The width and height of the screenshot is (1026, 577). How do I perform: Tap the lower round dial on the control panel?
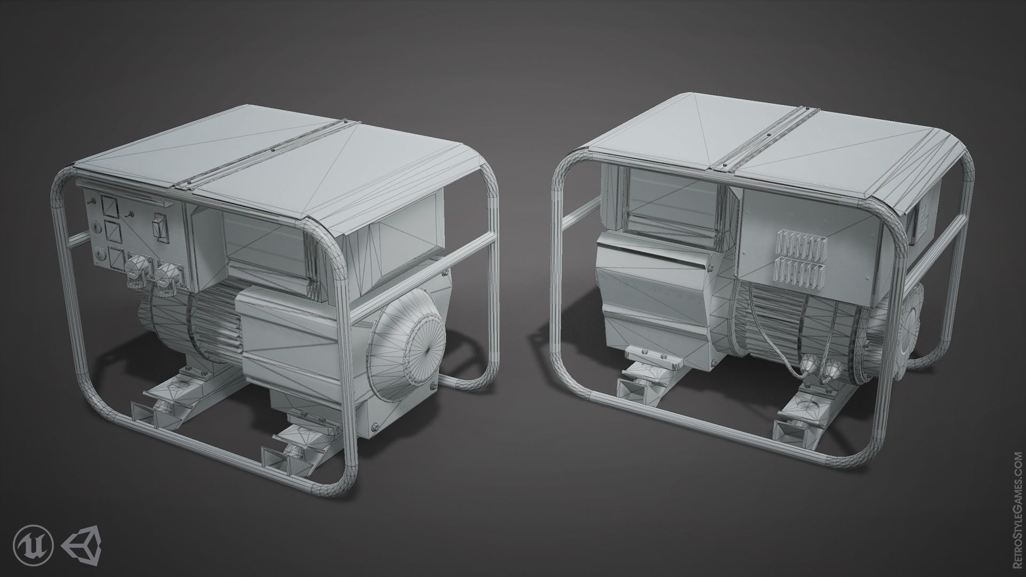coord(99,255)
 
